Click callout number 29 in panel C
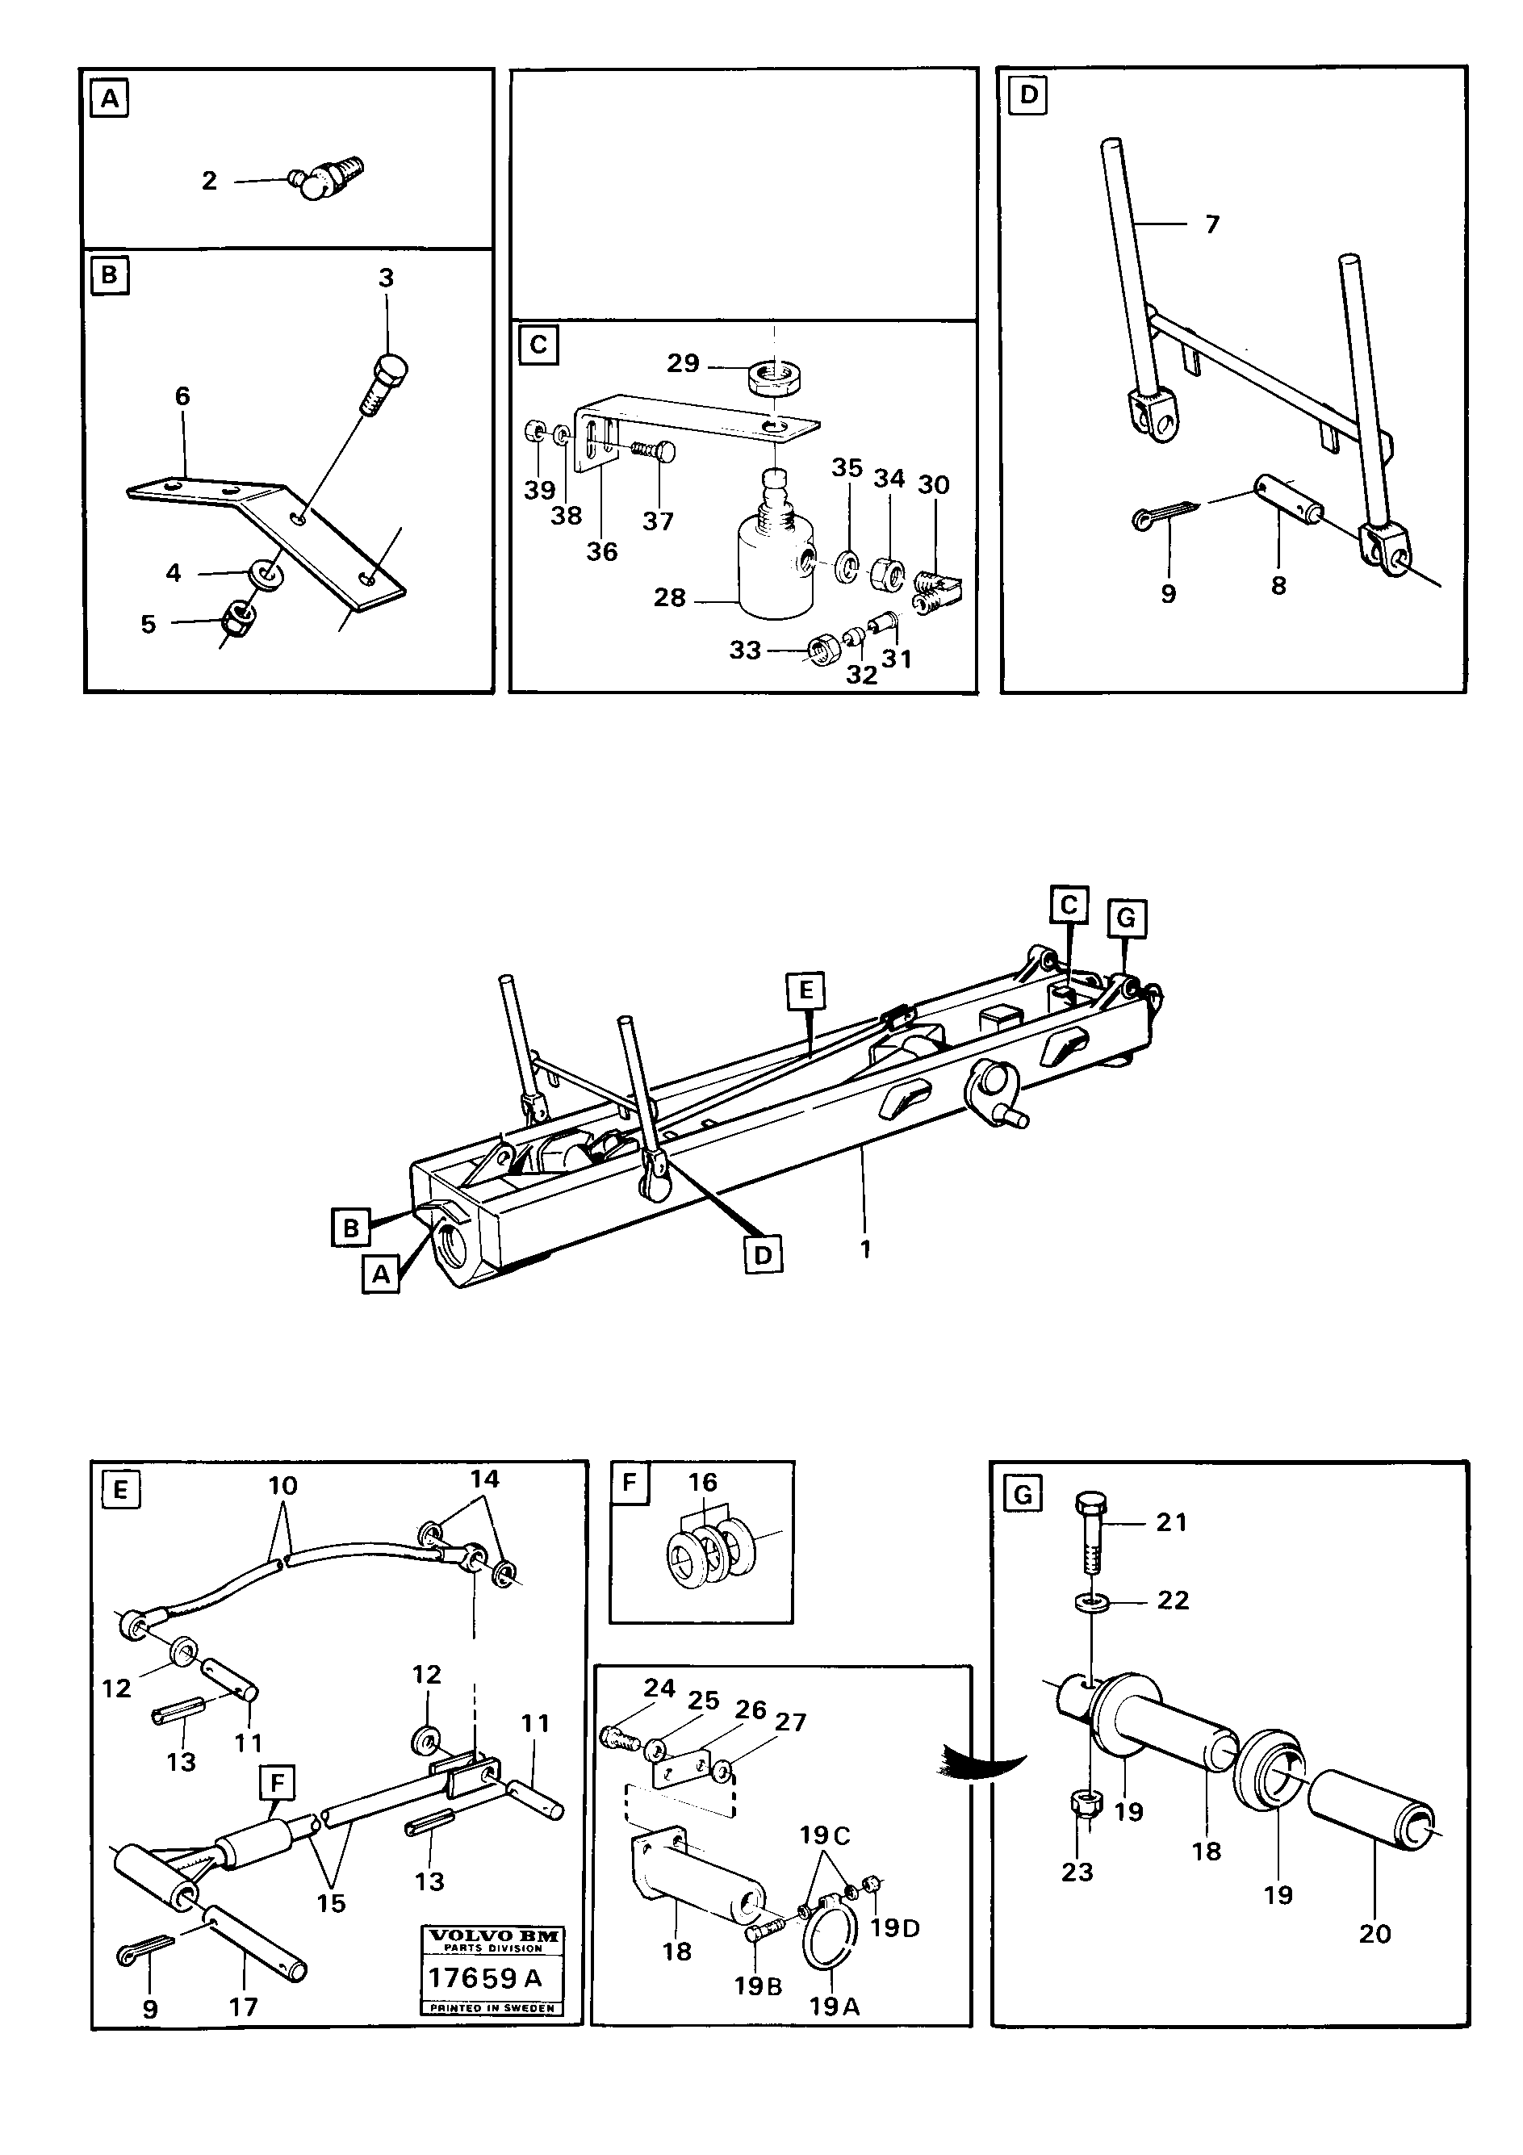[683, 363]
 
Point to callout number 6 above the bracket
[182, 396]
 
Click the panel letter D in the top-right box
[1028, 94]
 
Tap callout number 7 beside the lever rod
[1211, 224]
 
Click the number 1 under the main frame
[865, 1249]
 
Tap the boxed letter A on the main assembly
[381, 1274]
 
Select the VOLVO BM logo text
[492, 1935]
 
